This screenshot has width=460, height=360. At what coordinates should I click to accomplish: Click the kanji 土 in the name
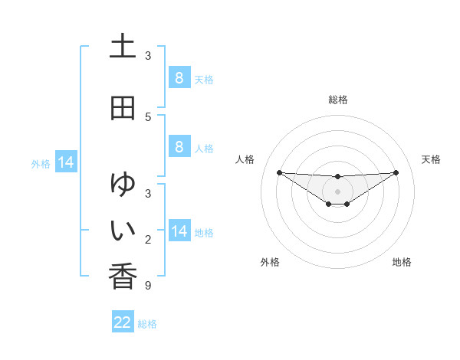coord(123,47)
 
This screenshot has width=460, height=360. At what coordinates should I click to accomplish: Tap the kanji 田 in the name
coord(123,108)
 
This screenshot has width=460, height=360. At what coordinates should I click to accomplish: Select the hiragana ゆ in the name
coord(123,185)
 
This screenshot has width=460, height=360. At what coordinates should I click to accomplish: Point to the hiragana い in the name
coord(123,229)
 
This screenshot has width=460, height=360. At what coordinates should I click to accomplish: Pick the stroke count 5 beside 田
coord(148,116)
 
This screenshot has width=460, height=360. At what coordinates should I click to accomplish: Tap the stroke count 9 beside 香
coord(148,286)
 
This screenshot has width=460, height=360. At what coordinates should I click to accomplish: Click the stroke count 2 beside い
coord(148,241)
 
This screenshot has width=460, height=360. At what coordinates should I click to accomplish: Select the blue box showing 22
coord(123,322)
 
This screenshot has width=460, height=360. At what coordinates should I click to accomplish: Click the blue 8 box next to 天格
coord(179,78)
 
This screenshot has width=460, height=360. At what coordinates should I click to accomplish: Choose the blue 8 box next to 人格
coord(179,147)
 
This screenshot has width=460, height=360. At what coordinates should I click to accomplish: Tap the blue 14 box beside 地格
coord(179,231)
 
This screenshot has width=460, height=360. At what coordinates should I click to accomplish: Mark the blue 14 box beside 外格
coord(65,162)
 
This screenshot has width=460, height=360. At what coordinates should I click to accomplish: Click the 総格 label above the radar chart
coord(337,100)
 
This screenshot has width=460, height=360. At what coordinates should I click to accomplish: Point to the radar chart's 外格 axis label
coord(270,262)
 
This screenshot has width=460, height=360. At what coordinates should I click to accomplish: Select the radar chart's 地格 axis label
coord(402,262)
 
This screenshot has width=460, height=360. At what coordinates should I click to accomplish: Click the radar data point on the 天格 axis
coord(396,172)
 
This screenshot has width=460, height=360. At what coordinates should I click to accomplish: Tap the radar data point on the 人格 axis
coord(279,172)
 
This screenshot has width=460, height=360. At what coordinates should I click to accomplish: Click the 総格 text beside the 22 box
coord(147,324)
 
